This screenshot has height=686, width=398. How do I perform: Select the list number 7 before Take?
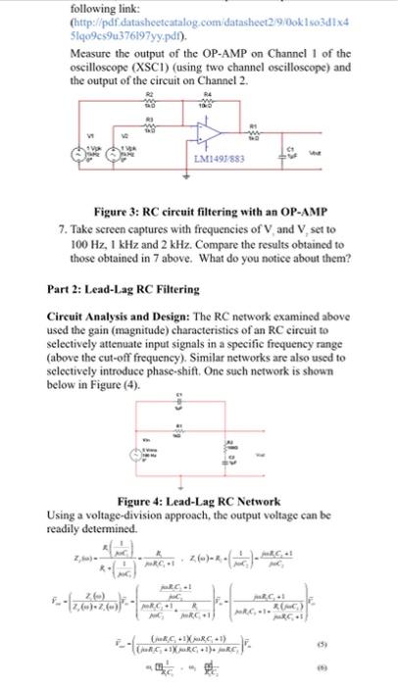[62, 224]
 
